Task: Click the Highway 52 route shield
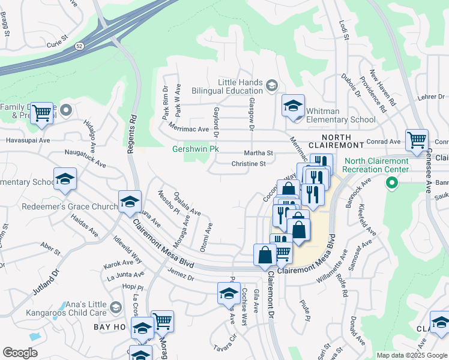[x=80, y=45]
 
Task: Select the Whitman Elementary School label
[x=340, y=115]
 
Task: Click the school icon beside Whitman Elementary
[x=292, y=106]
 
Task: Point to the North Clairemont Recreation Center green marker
[x=392, y=182]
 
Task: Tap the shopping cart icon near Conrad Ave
[x=417, y=140]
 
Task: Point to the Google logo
[x=20, y=353]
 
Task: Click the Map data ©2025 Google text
[x=412, y=355]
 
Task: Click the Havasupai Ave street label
[x=26, y=140]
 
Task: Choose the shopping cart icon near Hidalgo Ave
[x=41, y=112]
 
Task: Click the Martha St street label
[x=259, y=153]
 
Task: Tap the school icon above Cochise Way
[x=229, y=293]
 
